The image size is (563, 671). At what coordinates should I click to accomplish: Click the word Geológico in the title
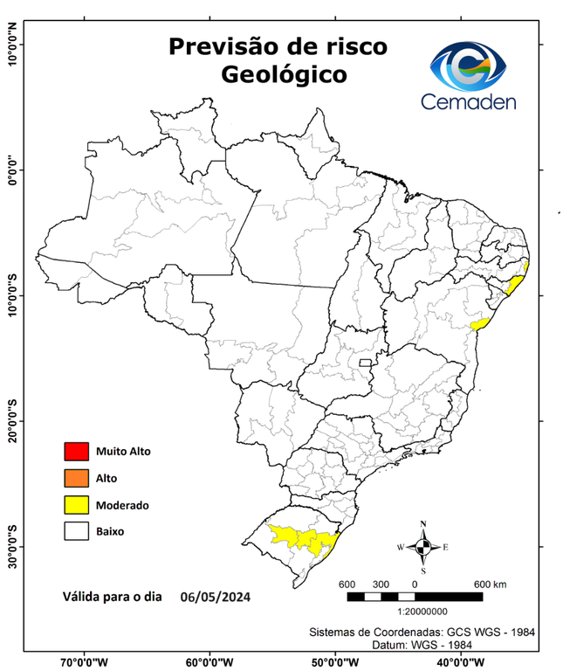coord(283,75)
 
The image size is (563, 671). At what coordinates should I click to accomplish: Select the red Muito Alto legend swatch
coord(75,452)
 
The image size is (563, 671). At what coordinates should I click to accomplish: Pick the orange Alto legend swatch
coord(75,478)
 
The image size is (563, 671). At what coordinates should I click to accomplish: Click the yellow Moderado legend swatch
coord(75,504)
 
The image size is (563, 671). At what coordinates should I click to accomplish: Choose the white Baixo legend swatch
coord(75,530)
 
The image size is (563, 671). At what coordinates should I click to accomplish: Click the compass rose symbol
coord(423,547)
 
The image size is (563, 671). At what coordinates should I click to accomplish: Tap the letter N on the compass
coord(423,524)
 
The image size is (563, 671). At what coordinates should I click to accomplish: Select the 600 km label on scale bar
coord(490,584)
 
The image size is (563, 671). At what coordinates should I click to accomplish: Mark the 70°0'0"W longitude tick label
coord(85,661)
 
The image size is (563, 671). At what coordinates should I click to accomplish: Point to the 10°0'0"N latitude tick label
coord(11,44)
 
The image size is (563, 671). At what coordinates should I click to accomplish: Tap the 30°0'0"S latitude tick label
coord(11,547)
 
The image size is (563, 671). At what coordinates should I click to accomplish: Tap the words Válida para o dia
coord(113,598)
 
